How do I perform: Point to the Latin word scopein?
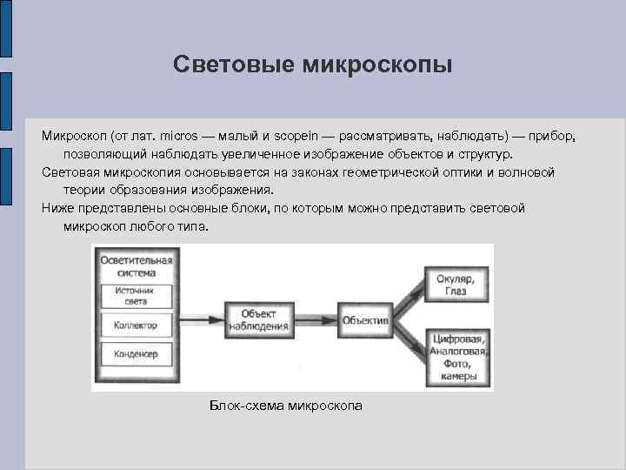[296, 137]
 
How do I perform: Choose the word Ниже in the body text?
[57, 209]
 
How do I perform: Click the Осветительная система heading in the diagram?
[137, 265]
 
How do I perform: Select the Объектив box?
[365, 320]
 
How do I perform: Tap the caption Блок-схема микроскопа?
[286, 406]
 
